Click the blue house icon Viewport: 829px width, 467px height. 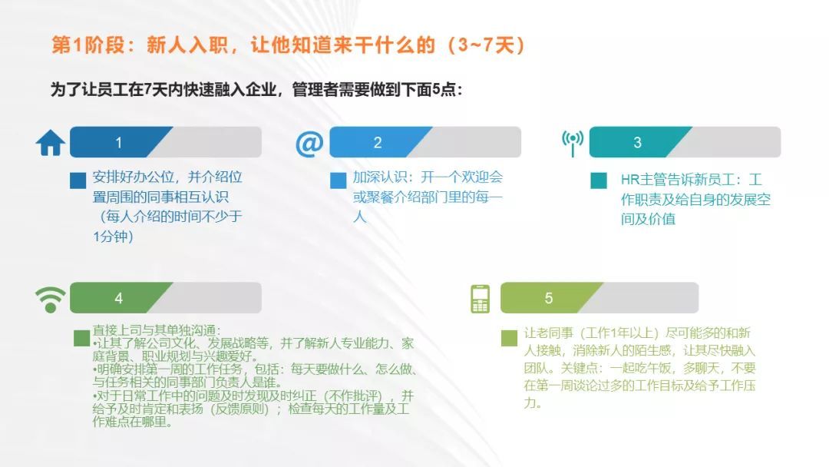coord(51,142)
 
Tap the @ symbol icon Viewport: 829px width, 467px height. coord(309,143)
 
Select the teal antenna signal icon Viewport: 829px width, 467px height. coord(572,142)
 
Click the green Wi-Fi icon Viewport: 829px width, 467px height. coord(51,298)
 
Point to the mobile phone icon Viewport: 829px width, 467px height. coord(480,298)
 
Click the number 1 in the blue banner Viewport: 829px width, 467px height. coord(118,143)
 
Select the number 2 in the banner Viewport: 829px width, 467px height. coord(378,143)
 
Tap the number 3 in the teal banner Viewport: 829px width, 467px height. coord(637,143)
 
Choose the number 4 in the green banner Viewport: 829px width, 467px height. coord(118,298)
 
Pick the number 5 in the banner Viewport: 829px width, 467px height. coord(549,298)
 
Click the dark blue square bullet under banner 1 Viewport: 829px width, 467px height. coord(78,181)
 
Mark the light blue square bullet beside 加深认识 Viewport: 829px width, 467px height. coord(338,181)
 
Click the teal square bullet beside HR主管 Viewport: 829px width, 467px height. coord(599,181)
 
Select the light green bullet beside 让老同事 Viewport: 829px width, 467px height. coord(509,338)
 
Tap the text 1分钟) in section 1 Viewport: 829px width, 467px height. coord(113,237)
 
